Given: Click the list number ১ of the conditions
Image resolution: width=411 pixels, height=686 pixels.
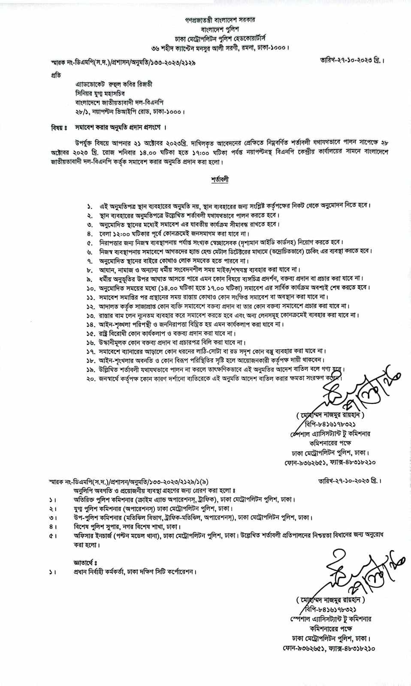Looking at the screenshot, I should click(89, 206).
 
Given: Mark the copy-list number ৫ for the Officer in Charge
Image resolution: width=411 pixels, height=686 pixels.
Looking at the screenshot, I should click(53, 536).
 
